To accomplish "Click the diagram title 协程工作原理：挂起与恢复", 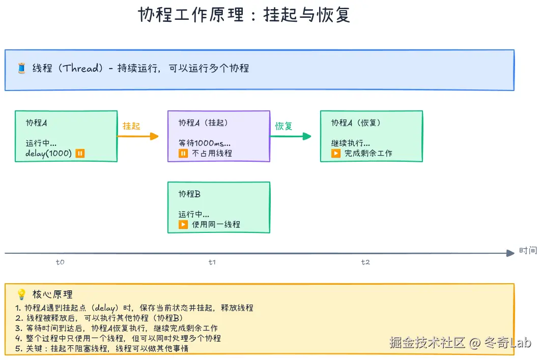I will [x=244, y=15].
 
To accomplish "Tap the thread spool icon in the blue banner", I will [x=21, y=68].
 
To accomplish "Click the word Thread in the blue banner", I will [x=81, y=68].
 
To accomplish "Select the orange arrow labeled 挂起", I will [x=138, y=136].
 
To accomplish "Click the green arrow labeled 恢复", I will [x=291, y=136].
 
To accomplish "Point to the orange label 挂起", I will [x=131, y=126].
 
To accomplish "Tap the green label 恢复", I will [x=284, y=126].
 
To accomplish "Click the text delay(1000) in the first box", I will [x=48, y=154].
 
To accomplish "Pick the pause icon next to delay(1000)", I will [x=80, y=154].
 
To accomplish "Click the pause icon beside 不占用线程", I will [x=183, y=153].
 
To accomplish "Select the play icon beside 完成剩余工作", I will [x=336, y=153].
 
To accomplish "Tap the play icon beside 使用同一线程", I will [x=183, y=224].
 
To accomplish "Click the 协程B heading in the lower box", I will [x=189, y=194].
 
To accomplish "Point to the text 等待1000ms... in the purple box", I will [x=204, y=143].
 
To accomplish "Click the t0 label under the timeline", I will [x=60, y=262].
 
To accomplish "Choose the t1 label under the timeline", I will [x=212, y=262].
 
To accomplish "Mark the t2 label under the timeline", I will [x=365, y=262].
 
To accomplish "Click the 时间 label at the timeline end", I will [x=528, y=250].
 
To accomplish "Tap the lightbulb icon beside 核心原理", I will [x=21, y=294].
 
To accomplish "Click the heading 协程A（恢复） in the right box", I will [x=356, y=123].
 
